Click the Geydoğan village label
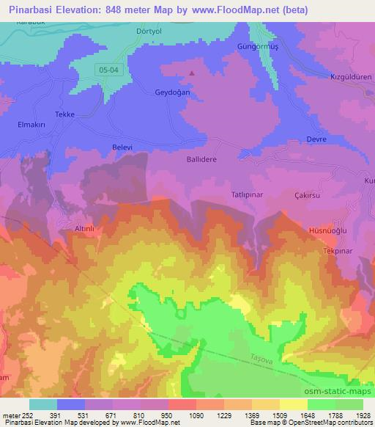point(152,92)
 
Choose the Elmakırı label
point(32,125)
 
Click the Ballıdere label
point(201,158)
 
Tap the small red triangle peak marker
point(193,73)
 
